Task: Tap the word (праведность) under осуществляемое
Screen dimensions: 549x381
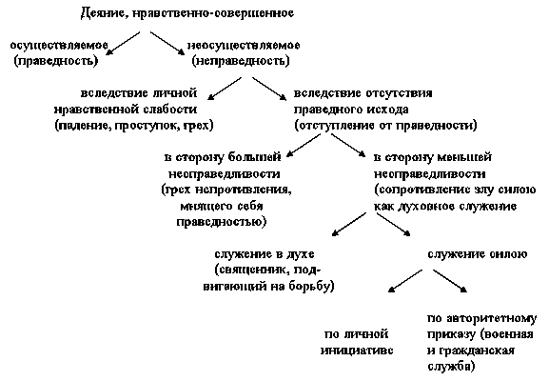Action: pyautogui.click(x=56, y=61)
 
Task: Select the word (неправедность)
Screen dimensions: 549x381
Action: pyautogui.click(x=241, y=61)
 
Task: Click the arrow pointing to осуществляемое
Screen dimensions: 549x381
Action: pyautogui.click(x=123, y=44)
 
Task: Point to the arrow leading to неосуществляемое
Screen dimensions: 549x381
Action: pyautogui.click(x=167, y=44)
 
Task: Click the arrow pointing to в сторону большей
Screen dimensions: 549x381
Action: pyautogui.click(x=304, y=146)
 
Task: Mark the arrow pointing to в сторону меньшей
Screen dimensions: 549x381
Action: pyautogui.click(x=348, y=146)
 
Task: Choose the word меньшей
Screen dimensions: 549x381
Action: pyautogui.click(x=465, y=158)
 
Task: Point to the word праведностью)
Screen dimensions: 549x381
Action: pyautogui.click(x=222, y=222)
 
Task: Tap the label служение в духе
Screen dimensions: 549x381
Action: pyautogui.click(x=265, y=254)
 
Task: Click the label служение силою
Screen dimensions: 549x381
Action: pyautogui.click(x=478, y=254)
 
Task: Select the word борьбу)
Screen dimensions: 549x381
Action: pyautogui.click(x=312, y=287)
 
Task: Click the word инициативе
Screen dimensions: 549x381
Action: pyautogui.click(x=357, y=351)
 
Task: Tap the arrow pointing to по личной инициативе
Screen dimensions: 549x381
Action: pyautogui.click(x=405, y=281)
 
